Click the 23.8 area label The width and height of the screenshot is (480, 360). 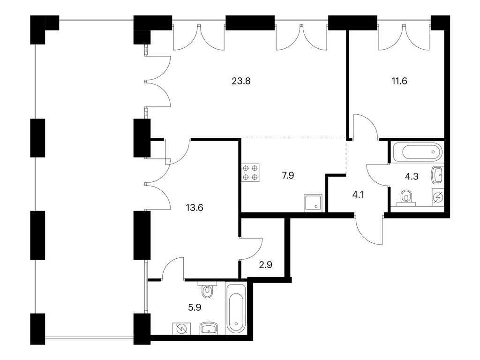coord(241,81)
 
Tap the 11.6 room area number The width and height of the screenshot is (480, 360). coord(399,81)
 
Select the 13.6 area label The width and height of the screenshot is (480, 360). coord(195,208)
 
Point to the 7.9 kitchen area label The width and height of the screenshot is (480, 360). coord(288,176)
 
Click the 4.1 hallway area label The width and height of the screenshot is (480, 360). coord(358,195)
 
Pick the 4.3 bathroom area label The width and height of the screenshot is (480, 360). coord(412,176)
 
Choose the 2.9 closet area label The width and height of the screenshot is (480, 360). coord(265,264)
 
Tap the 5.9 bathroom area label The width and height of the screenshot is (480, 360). coord(195,307)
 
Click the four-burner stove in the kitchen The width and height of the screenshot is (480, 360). coord(250,172)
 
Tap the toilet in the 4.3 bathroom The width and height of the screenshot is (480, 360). coord(406,198)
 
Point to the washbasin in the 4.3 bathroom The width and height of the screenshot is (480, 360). coord(437,175)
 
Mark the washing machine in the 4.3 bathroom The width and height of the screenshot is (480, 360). coord(438,197)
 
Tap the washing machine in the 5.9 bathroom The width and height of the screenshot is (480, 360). coord(181,329)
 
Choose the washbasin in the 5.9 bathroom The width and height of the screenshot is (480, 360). coord(209,329)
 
